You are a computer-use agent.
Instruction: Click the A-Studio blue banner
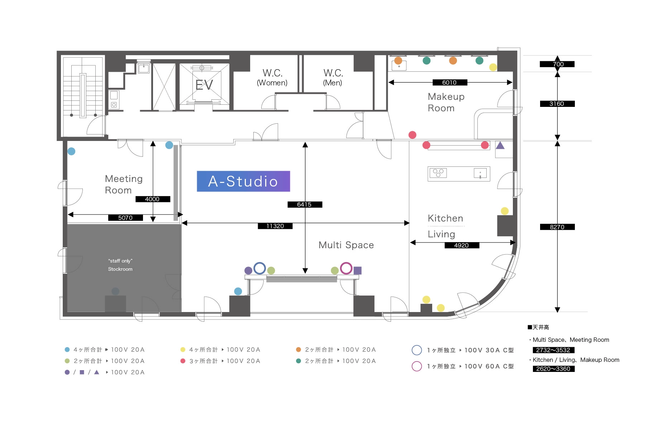click(x=243, y=181)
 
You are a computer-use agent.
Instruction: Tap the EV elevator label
click(x=204, y=85)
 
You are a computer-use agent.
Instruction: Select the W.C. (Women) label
click(x=272, y=77)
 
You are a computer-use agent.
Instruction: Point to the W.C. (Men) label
click(x=333, y=77)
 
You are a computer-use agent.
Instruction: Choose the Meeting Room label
click(x=124, y=184)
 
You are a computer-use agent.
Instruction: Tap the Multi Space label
click(x=346, y=245)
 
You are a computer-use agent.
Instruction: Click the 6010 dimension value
click(x=449, y=82)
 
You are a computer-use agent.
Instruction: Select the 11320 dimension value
click(x=275, y=226)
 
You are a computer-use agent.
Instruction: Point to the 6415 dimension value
click(x=305, y=204)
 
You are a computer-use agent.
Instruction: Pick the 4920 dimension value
click(x=462, y=245)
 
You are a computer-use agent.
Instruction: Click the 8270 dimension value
click(x=557, y=227)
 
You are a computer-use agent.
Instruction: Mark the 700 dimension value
click(x=557, y=64)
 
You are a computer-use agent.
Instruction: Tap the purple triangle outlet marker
click(x=500, y=145)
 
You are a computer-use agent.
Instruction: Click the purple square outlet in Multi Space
click(x=357, y=270)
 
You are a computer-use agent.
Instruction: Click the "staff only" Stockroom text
click(x=120, y=265)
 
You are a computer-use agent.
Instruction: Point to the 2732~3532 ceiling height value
click(x=553, y=350)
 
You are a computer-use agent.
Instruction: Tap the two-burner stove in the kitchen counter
click(x=438, y=173)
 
